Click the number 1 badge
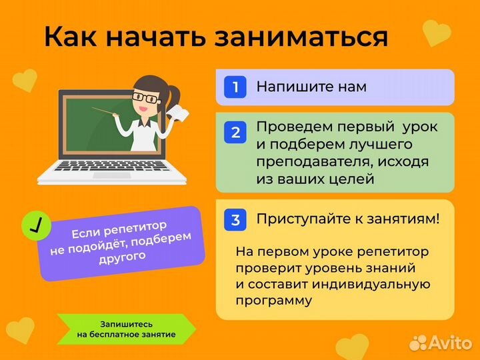[235, 87]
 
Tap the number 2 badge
[235, 132]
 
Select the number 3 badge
[235, 219]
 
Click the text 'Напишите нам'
[311, 87]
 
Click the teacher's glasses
[147, 97]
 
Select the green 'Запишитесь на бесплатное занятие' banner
[126, 329]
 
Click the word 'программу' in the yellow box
[273, 300]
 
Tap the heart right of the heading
[437, 33]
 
